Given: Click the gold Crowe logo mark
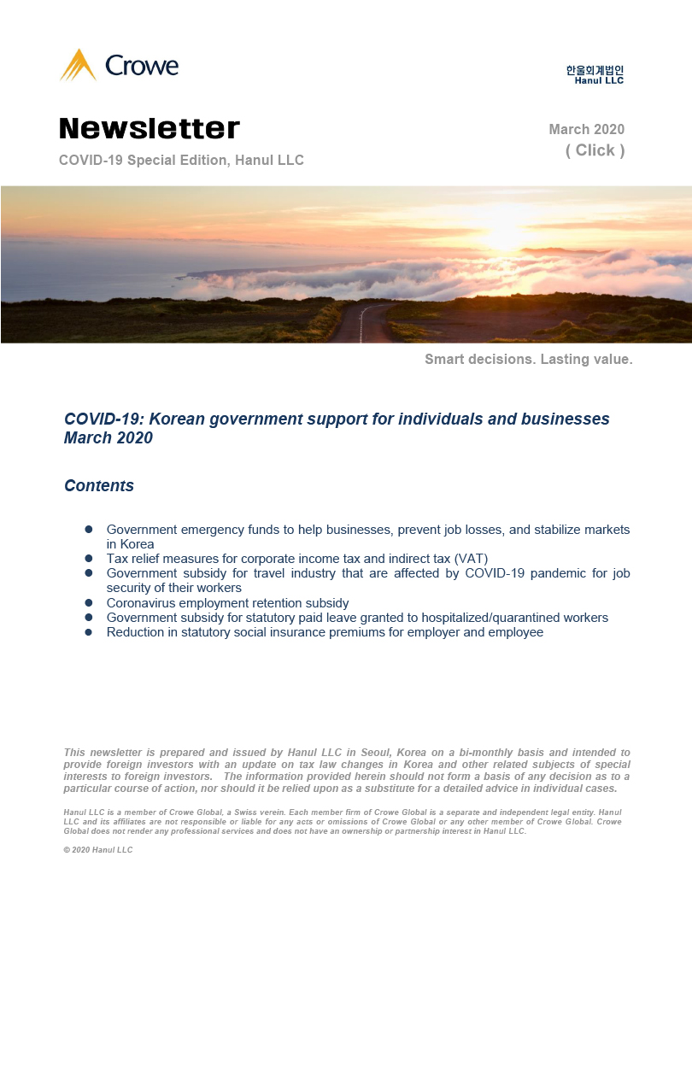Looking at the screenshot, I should [78, 65].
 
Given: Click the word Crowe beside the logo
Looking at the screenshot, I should [142, 65].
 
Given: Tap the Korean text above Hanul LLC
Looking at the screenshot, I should [595, 70].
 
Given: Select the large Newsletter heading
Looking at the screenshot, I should [150, 129].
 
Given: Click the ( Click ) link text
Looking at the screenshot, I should [595, 150].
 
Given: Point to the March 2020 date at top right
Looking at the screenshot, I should [586, 130].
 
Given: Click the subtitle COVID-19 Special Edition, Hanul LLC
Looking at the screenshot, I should [181, 161].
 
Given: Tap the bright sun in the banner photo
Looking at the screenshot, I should [507, 231].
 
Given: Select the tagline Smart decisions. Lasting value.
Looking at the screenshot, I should [528, 360].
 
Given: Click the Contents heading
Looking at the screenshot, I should [99, 486].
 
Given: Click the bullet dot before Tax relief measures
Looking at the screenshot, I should [88, 559].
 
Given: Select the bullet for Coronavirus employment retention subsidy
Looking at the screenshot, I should [88, 602].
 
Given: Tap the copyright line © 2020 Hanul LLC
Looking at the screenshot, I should [98, 850].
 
